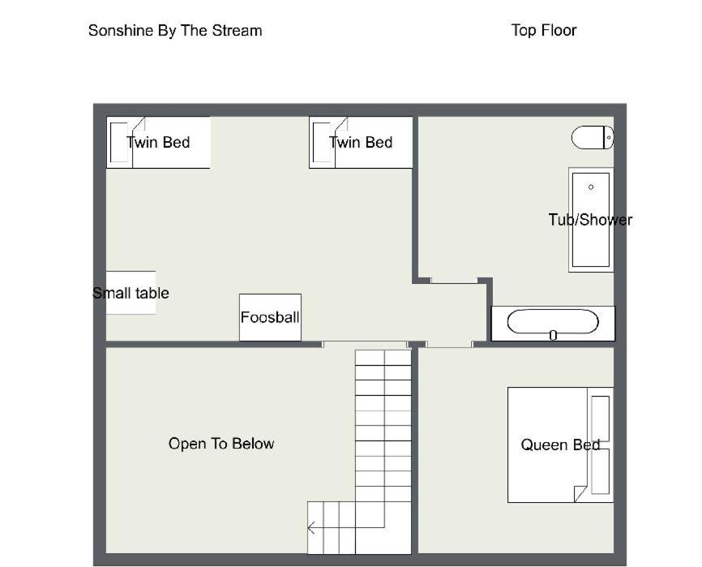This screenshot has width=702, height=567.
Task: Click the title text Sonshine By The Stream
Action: (x=175, y=31)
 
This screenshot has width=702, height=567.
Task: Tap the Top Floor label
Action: (x=543, y=31)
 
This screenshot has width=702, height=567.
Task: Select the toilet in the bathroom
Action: (x=593, y=138)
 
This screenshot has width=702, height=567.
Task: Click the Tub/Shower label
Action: (x=590, y=220)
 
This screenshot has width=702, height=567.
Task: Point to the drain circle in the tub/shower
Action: (x=591, y=187)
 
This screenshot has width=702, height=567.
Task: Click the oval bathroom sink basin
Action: (x=553, y=321)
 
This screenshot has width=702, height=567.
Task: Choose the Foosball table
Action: (x=270, y=317)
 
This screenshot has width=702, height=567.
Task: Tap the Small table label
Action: (x=131, y=294)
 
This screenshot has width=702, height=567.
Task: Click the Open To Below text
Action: (x=221, y=444)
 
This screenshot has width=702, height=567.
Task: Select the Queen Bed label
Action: (x=560, y=445)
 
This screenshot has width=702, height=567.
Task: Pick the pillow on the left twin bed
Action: (x=119, y=143)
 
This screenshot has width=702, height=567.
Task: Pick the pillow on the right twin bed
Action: (x=322, y=143)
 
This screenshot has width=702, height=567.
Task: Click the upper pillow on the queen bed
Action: (x=600, y=419)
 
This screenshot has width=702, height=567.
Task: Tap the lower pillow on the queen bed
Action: (x=600, y=471)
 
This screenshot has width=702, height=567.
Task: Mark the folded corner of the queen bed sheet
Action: (x=580, y=493)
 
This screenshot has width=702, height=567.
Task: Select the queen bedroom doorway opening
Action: (x=449, y=344)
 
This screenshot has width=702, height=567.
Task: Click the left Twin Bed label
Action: (x=158, y=143)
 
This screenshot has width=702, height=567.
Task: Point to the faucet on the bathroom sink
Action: (x=553, y=335)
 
